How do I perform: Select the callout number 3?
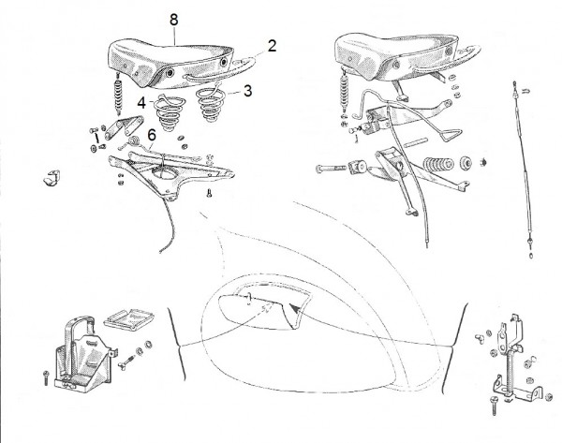(x=247, y=93)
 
